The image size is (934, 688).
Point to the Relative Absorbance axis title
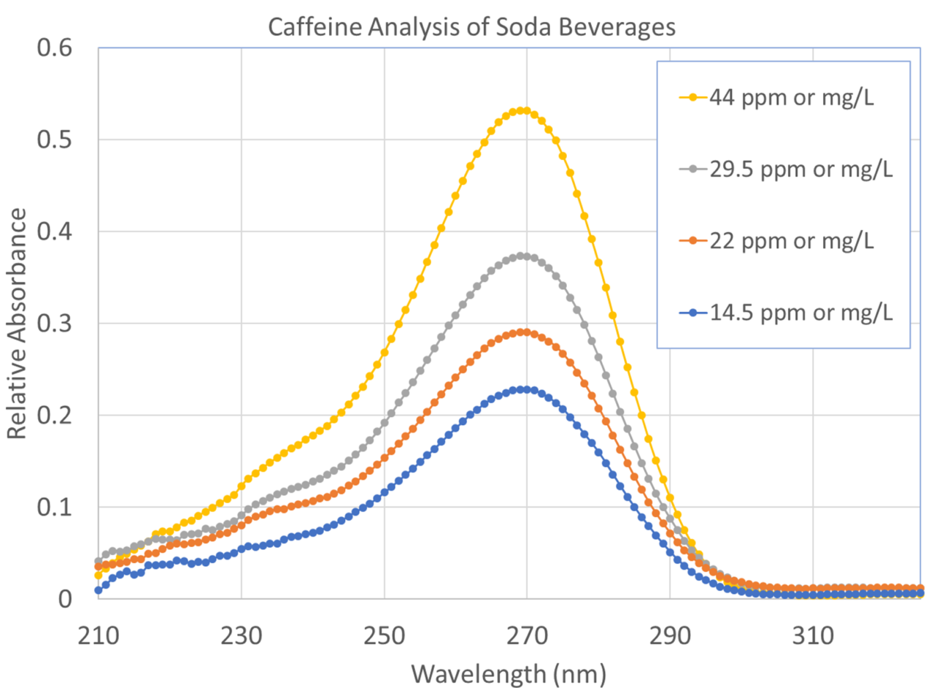point(17,323)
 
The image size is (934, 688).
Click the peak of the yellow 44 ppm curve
point(523,110)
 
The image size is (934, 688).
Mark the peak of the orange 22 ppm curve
point(523,332)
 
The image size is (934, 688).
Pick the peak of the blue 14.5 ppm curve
point(523,389)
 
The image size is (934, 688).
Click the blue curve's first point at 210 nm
point(99,590)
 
